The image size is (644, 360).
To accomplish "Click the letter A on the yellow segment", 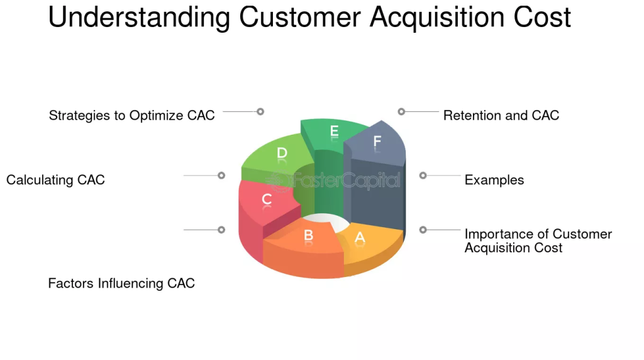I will (x=360, y=237).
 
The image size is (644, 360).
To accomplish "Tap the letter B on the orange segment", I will (x=309, y=235).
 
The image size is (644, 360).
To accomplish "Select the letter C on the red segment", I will (x=267, y=200).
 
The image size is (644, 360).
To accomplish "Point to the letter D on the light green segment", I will (x=282, y=153).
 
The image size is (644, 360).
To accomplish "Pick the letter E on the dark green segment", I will (x=335, y=131).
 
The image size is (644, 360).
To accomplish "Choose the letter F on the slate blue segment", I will (x=377, y=142).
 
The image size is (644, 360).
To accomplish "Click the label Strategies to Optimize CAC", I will (x=132, y=116).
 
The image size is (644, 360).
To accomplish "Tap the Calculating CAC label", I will (x=55, y=180).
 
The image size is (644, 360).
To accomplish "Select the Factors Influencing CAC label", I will (x=121, y=283).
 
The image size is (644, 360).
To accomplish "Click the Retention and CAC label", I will (x=501, y=116).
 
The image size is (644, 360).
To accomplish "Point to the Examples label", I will (x=494, y=180).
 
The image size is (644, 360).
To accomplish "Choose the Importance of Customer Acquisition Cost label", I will (x=538, y=241).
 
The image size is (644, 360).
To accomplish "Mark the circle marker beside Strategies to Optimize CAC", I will (x=260, y=111).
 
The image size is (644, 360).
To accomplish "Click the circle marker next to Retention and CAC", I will (x=401, y=111).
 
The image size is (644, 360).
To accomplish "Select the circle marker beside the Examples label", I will (x=423, y=176).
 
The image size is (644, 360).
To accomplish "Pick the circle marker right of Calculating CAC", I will (x=221, y=176).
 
